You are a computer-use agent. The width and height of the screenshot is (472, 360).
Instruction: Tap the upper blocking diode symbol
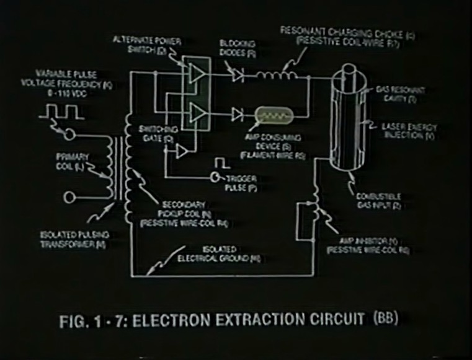236,76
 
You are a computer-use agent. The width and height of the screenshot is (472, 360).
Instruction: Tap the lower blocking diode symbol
236,114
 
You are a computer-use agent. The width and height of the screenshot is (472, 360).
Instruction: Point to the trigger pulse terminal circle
215,178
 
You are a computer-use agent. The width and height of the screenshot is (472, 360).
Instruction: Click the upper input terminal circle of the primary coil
69,134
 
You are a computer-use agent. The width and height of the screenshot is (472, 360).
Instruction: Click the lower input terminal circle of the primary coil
69,198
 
